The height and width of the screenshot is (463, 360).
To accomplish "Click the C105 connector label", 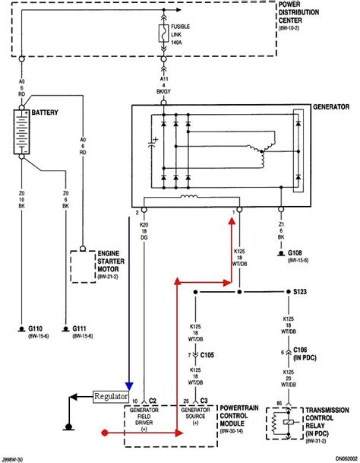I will coord(207,355).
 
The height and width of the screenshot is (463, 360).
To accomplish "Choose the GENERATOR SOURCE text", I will coord(194,419).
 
